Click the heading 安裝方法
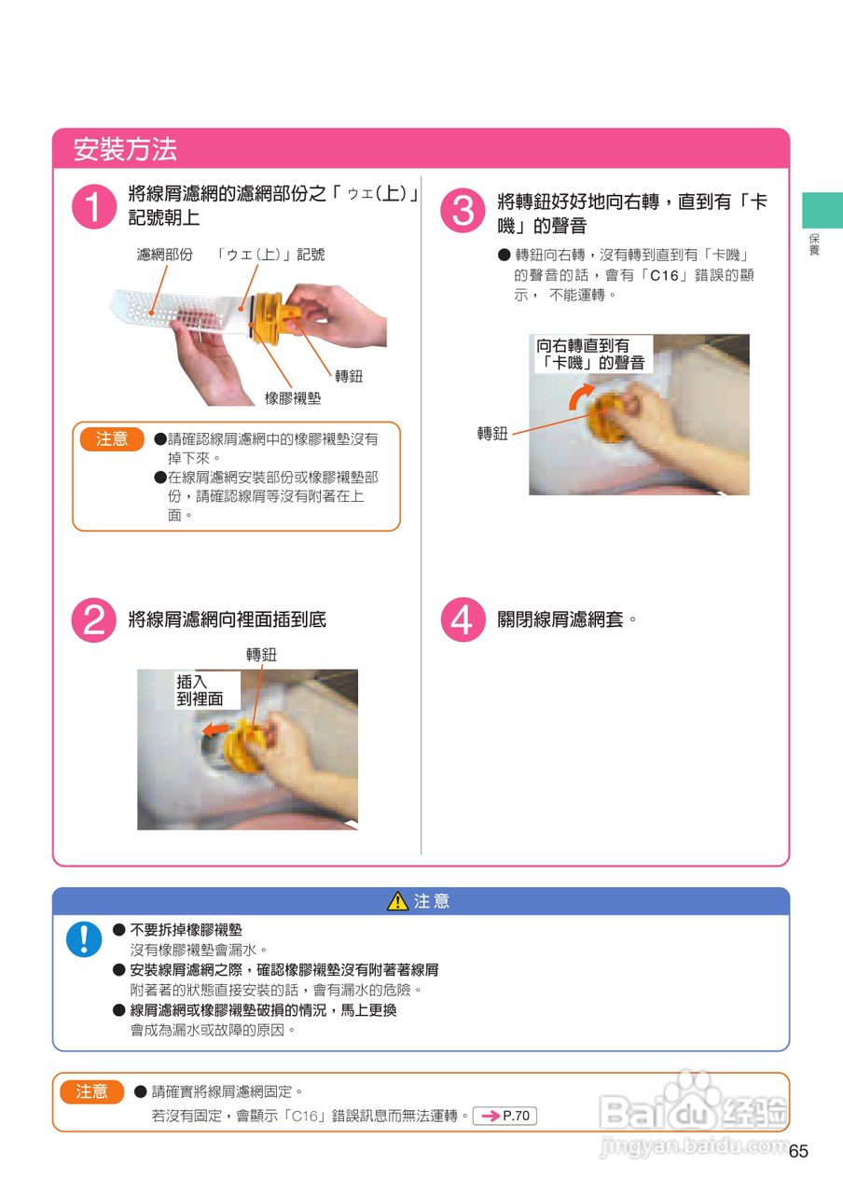point(125,148)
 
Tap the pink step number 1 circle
point(94,206)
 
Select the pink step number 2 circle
point(94,619)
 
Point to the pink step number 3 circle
point(463,210)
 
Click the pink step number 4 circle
point(463,619)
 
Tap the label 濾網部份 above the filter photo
point(165,255)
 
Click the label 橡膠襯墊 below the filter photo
point(293,398)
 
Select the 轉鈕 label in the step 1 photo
point(349,376)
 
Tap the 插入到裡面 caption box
point(207,689)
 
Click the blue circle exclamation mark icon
point(84,939)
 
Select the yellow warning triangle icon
point(397,901)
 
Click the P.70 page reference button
point(504,1116)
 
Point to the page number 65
point(798,1151)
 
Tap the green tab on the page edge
point(822,210)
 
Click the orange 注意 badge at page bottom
point(91,1091)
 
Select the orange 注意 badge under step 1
point(112,439)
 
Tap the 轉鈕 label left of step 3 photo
point(492,434)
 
